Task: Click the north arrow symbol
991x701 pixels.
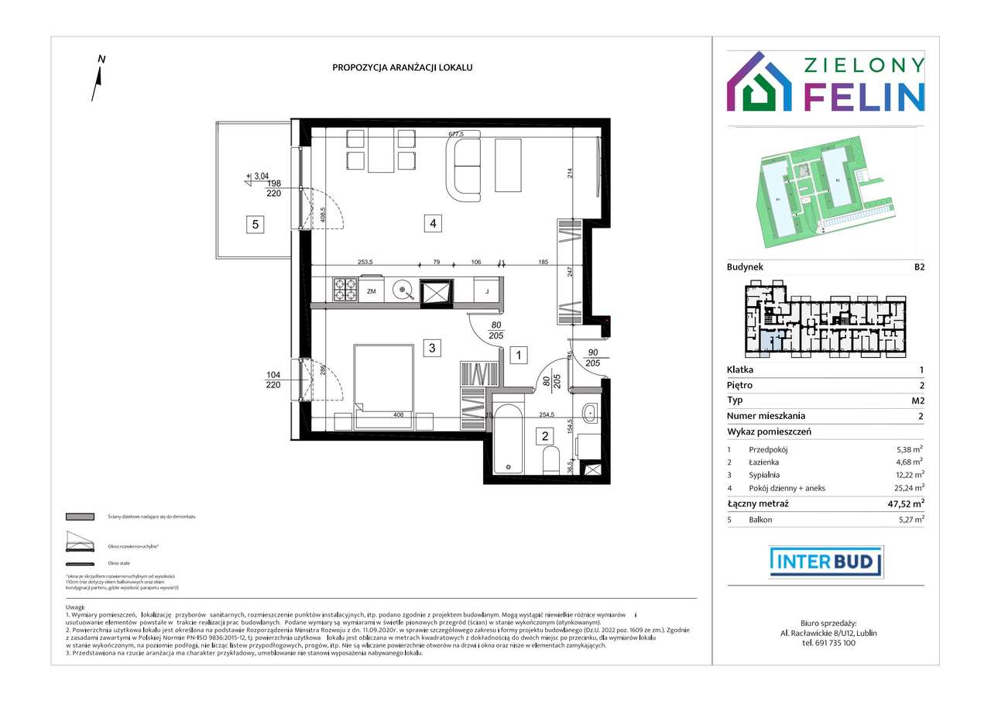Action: [98, 81]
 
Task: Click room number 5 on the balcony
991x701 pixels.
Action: [255, 225]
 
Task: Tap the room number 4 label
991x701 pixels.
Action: [434, 224]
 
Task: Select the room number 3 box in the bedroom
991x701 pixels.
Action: [434, 348]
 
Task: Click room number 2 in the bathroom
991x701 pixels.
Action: [545, 436]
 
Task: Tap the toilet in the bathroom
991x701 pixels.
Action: [551, 462]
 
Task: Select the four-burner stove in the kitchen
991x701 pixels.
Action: [345, 290]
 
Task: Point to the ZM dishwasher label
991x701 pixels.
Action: [371, 291]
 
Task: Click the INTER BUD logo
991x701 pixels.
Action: [825, 562]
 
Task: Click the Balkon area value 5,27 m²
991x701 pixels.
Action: [908, 520]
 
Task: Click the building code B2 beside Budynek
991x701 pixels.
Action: [918, 266]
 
